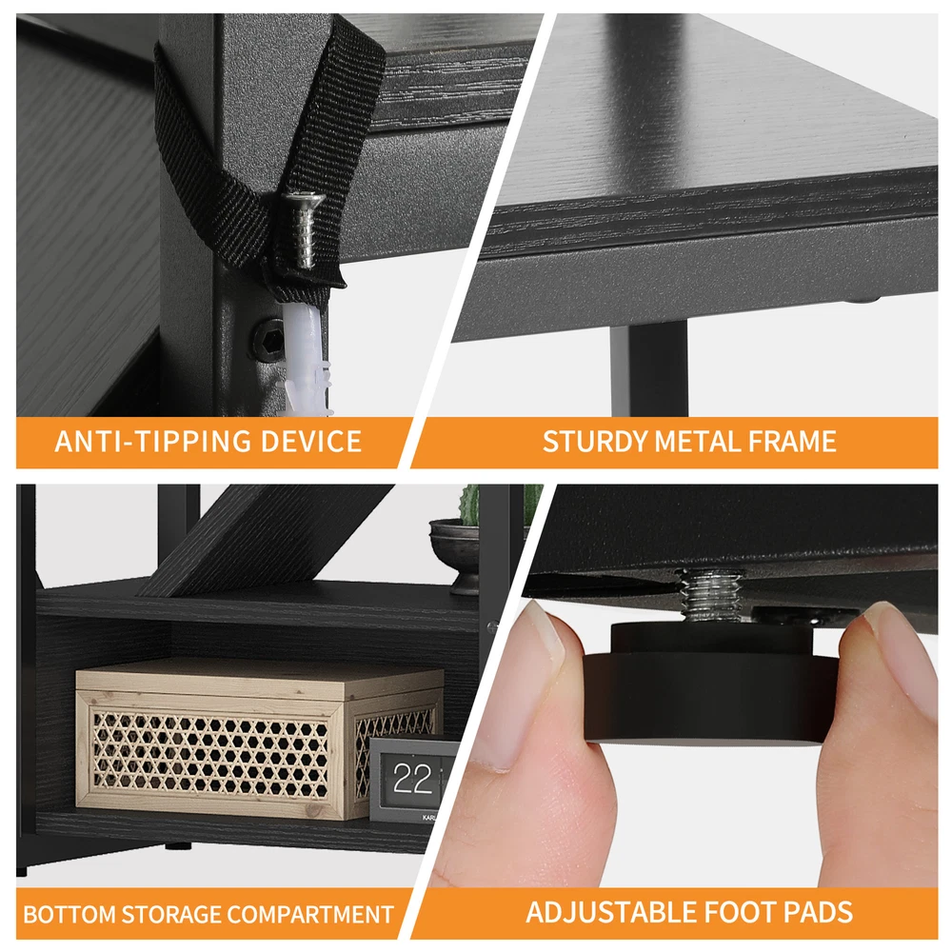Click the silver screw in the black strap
305,228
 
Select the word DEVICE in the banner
311,441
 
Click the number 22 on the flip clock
412,779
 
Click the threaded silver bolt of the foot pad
710,596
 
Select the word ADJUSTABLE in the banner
611,913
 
